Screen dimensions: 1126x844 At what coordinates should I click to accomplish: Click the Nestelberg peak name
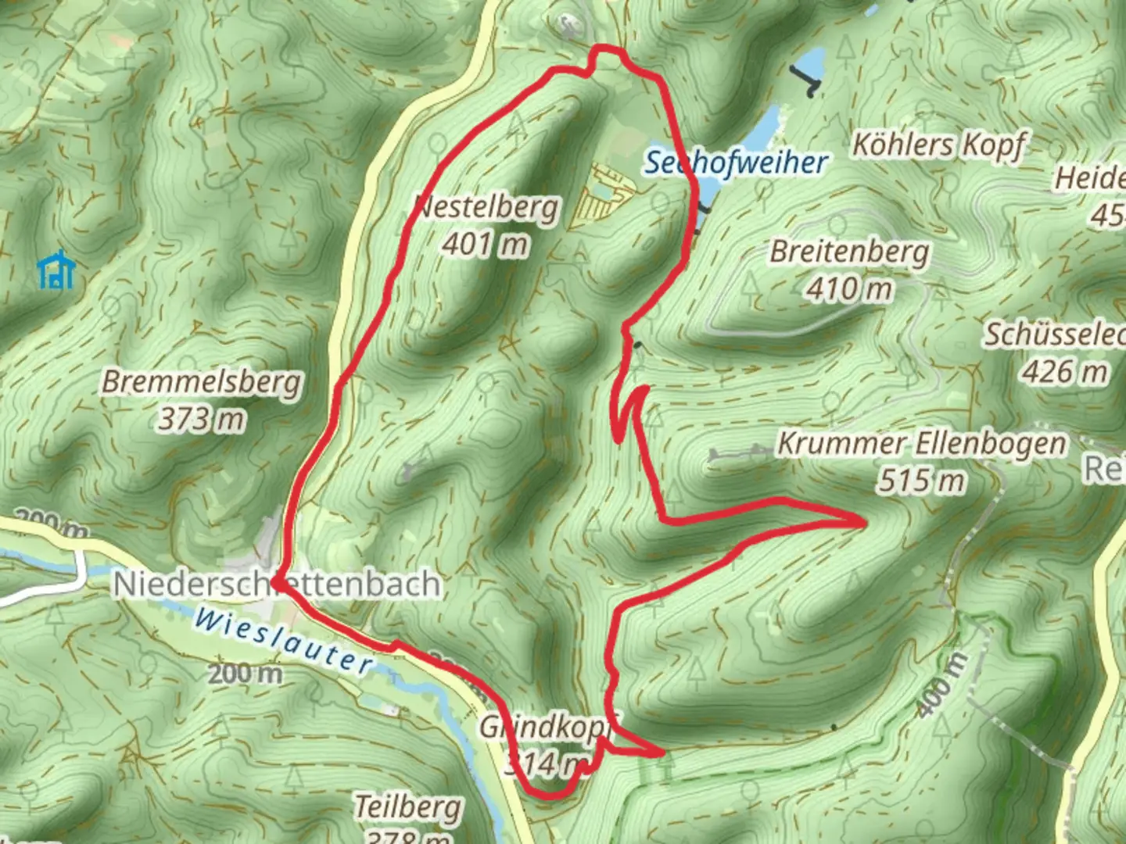point(486,208)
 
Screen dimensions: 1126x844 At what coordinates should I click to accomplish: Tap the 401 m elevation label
point(485,245)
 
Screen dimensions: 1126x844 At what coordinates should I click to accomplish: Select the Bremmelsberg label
point(202,383)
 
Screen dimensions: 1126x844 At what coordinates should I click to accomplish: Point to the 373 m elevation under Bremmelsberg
point(202,420)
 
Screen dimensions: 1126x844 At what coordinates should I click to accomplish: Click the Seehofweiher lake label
point(735,163)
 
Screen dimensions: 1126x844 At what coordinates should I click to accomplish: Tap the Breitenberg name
point(850,252)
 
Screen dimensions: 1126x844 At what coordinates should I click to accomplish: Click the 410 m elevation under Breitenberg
point(849,290)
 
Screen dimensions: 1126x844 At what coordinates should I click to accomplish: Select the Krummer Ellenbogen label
point(922,444)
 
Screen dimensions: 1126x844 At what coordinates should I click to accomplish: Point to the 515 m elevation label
point(921,481)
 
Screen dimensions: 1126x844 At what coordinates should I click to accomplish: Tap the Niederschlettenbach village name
point(277,585)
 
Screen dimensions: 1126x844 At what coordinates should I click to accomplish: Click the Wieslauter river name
point(283,640)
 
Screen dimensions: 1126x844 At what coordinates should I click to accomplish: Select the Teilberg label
point(408,806)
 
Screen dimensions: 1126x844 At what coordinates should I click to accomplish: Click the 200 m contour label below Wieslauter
point(245,673)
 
